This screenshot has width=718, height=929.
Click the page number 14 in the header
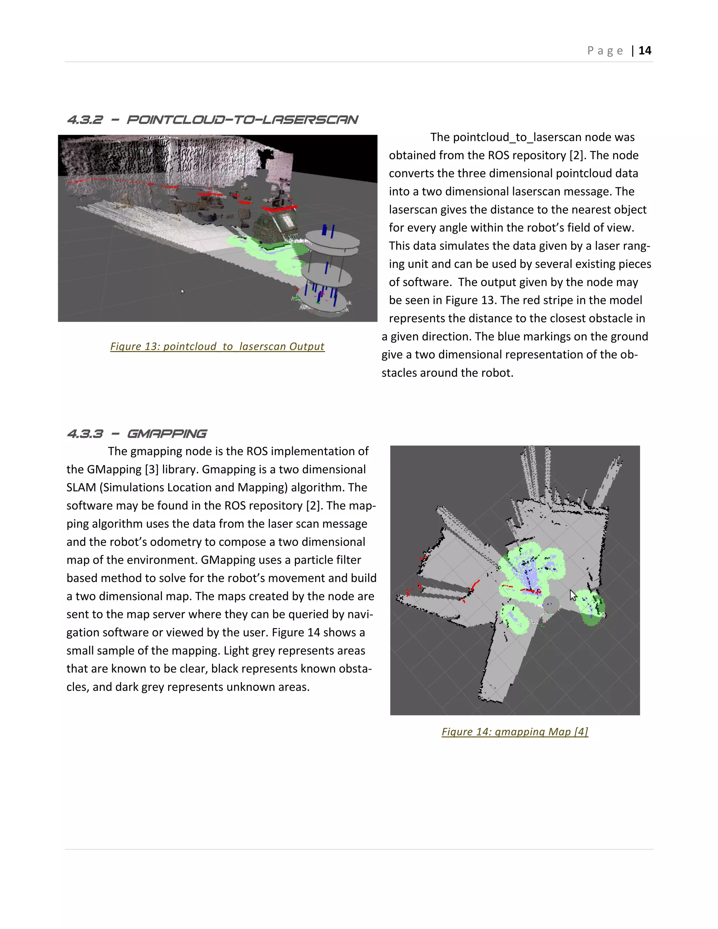click(x=644, y=50)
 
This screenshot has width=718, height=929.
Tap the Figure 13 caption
click(x=217, y=346)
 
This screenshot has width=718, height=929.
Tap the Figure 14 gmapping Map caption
click(x=515, y=731)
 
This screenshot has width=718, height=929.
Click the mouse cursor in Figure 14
click(x=573, y=595)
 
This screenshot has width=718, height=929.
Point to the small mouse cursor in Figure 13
click(x=182, y=291)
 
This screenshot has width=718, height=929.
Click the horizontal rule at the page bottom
click(x=359, y=849)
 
